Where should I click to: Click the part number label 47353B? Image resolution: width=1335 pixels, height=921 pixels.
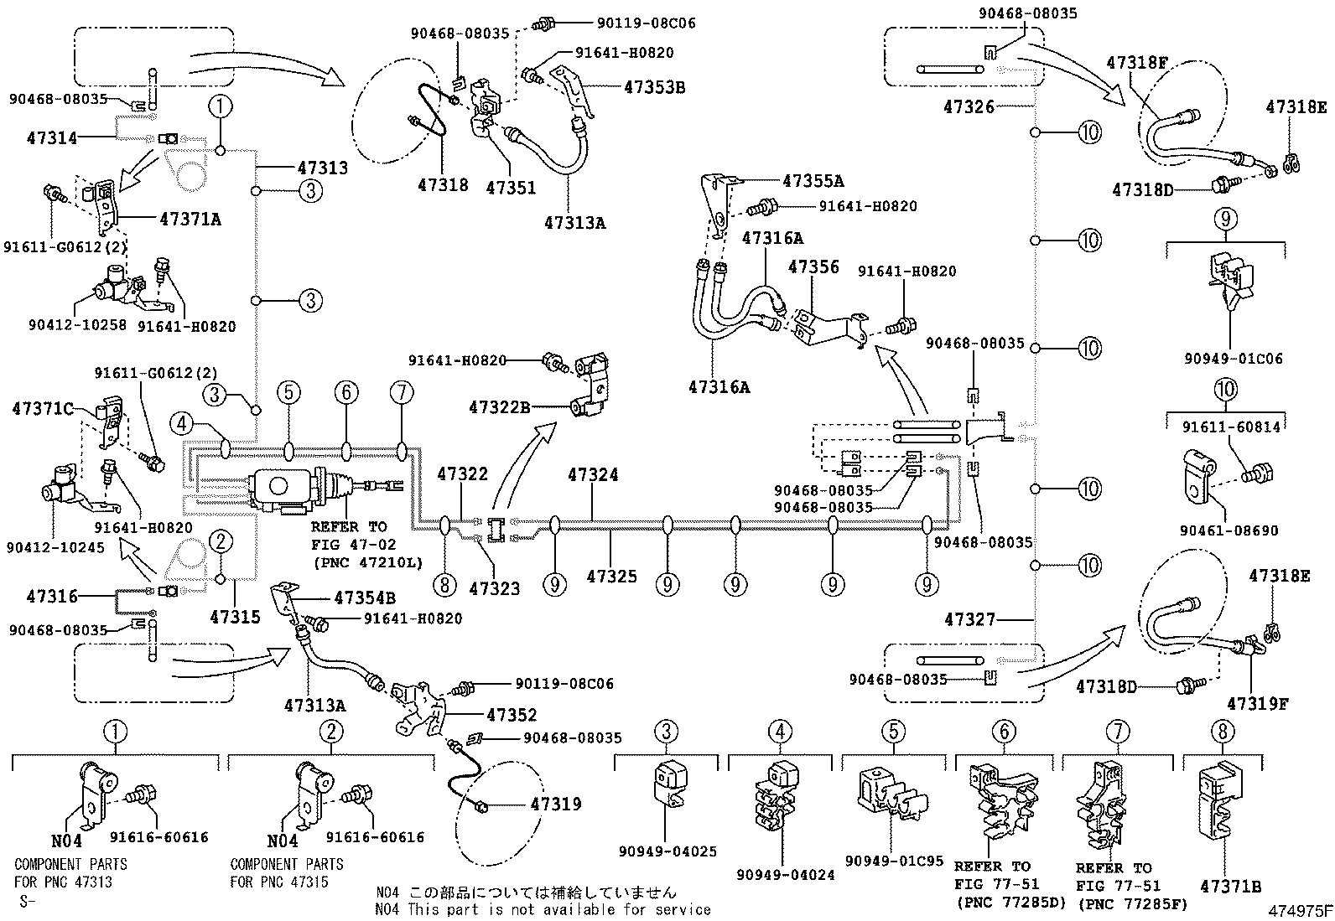point(654,86)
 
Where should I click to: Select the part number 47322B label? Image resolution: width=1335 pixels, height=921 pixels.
point(500,407)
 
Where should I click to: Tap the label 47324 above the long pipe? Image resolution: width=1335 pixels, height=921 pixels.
point(593,474)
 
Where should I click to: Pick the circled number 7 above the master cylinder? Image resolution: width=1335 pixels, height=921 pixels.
point(402,391)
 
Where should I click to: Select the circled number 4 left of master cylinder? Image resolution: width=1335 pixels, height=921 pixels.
point(183,425)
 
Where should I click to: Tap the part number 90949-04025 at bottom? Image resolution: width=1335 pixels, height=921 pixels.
point(668,851)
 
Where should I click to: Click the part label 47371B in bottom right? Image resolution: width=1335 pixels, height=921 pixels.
point(1231,886)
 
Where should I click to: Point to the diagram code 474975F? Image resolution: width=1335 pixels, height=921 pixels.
point(1299,910)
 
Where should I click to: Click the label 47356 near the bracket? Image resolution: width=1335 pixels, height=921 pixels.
point(813,266)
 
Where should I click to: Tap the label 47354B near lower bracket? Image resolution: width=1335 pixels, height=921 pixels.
point(366,598)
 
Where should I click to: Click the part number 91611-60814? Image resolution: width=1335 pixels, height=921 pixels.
point(1232,427)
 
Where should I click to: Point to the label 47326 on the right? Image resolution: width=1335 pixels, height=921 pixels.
point(969,106)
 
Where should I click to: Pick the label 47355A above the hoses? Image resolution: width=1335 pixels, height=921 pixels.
point(813,180)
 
